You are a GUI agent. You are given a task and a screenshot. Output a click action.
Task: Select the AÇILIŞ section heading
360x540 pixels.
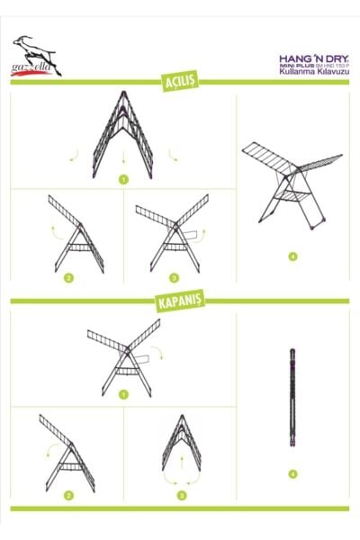coord(180,83)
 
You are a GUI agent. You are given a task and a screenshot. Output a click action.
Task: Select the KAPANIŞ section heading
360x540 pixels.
coord(180,301)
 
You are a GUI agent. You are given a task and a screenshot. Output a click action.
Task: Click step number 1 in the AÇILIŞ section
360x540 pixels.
coord(122,180)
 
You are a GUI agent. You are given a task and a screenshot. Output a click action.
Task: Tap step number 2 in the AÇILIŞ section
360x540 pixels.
coord(67,278)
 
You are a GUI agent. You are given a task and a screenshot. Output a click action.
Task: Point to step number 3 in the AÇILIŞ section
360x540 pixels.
coord(174,278)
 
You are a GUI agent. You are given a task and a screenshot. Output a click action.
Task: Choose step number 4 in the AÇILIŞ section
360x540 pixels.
coord(292,256)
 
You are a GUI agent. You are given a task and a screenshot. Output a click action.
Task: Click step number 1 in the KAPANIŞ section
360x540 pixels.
coord(122,393)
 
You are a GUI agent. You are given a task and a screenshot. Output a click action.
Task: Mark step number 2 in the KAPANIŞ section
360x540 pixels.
coord(67,495)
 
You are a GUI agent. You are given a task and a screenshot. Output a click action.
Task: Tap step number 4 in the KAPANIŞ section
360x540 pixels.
coord(292,473)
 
